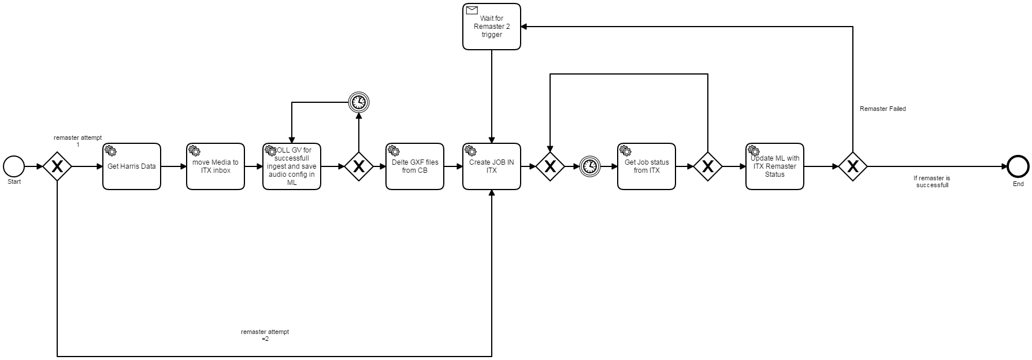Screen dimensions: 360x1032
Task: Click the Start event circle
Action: tap(14, 166)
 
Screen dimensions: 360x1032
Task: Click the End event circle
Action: tap(1018, 166)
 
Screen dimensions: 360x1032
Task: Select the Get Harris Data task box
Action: tap(132, 166)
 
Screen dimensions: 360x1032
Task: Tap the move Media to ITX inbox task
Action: tap(215, 166)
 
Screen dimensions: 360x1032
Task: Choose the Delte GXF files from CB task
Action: tap(415, 166)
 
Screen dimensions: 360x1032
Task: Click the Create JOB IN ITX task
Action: tap(492, 166)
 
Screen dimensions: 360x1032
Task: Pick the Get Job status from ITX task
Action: tap(647, 166)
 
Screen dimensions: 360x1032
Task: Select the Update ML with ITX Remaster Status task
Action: tap(775, 166)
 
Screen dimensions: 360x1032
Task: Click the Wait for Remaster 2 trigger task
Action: tap(492, 27)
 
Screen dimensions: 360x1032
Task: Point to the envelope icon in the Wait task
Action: tap(472, 10)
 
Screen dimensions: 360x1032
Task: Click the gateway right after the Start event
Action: tap(57, 166)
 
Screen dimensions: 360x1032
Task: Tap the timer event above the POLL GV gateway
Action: tap(359, 102)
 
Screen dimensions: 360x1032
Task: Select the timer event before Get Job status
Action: tap(589, 166)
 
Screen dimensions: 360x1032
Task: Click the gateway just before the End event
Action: tap(853, 166)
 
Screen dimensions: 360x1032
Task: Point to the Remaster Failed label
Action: tap(882, 109)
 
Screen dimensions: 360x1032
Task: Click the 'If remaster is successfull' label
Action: tap(932, 181)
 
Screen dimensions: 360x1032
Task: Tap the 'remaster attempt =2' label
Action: tap(265, 335)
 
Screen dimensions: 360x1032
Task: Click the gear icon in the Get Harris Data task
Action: tap(110, 150)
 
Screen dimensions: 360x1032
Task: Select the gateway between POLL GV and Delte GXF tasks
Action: tap(359, 166)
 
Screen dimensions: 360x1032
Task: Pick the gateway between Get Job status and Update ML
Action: tap(708, 166)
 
